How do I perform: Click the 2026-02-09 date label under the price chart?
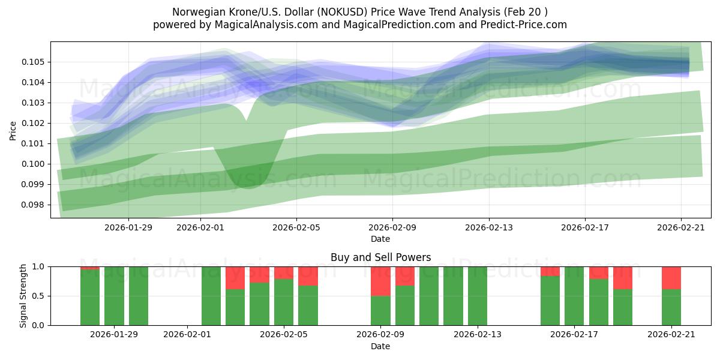392,227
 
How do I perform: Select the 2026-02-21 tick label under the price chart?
681,227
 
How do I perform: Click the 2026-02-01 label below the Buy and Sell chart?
187,334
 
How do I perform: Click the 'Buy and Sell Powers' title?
380,257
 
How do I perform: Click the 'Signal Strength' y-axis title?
24,296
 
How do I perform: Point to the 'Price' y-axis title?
13,130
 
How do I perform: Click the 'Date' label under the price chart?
380,239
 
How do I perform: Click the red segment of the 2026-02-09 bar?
380,281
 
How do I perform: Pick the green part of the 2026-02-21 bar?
671,307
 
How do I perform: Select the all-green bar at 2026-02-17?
574,296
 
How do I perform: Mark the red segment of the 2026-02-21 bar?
671,278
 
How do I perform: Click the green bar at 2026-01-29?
114,296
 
